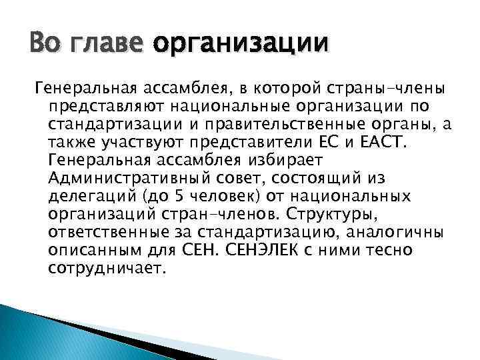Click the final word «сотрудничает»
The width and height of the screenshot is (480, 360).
105,268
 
